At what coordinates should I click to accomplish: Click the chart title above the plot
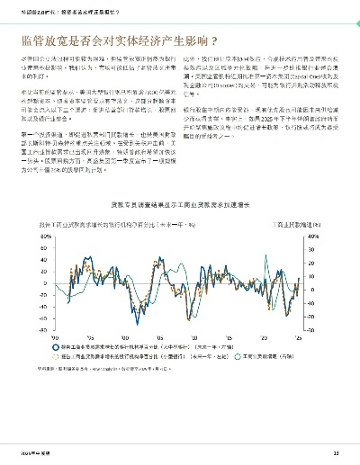coord(180,205)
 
